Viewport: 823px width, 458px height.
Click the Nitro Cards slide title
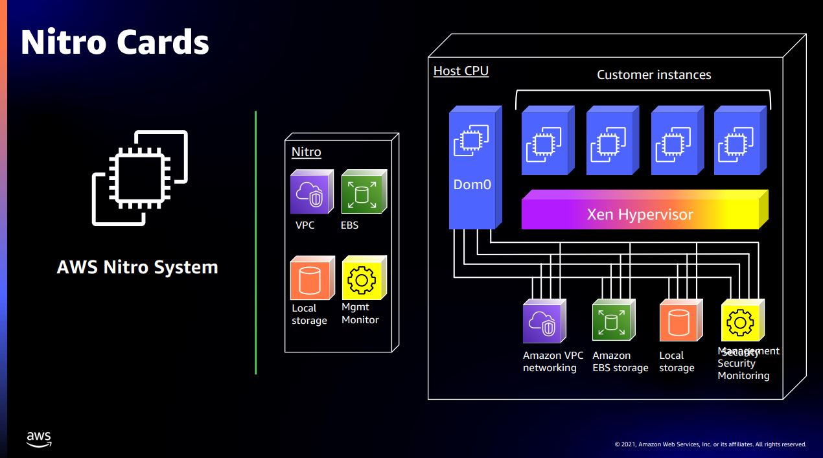click(x=115, y=41)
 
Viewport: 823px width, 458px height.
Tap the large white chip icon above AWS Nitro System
click(x=139, y=178)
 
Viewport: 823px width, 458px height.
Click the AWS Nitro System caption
click(x=137, y=267)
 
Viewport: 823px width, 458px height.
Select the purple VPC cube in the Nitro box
click(x=311, y=192)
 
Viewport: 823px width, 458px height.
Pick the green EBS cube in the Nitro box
click(x=362, y=192)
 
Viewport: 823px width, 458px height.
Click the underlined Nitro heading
click(x=306, y=152)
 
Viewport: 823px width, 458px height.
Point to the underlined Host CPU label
click(x=461, y=71)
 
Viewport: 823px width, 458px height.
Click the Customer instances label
click(x=654, y=75)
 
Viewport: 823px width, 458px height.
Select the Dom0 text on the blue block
click(x=472, y=185)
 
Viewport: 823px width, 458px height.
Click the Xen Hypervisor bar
click(x=642, y=214)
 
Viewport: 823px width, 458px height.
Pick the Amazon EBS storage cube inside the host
click(x=611, y=321)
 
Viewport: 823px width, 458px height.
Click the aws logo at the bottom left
click(x=39, y=439)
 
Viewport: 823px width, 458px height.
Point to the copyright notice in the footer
click(x=710, y=444)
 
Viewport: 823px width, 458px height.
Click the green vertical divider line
click(x=256, y=243)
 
